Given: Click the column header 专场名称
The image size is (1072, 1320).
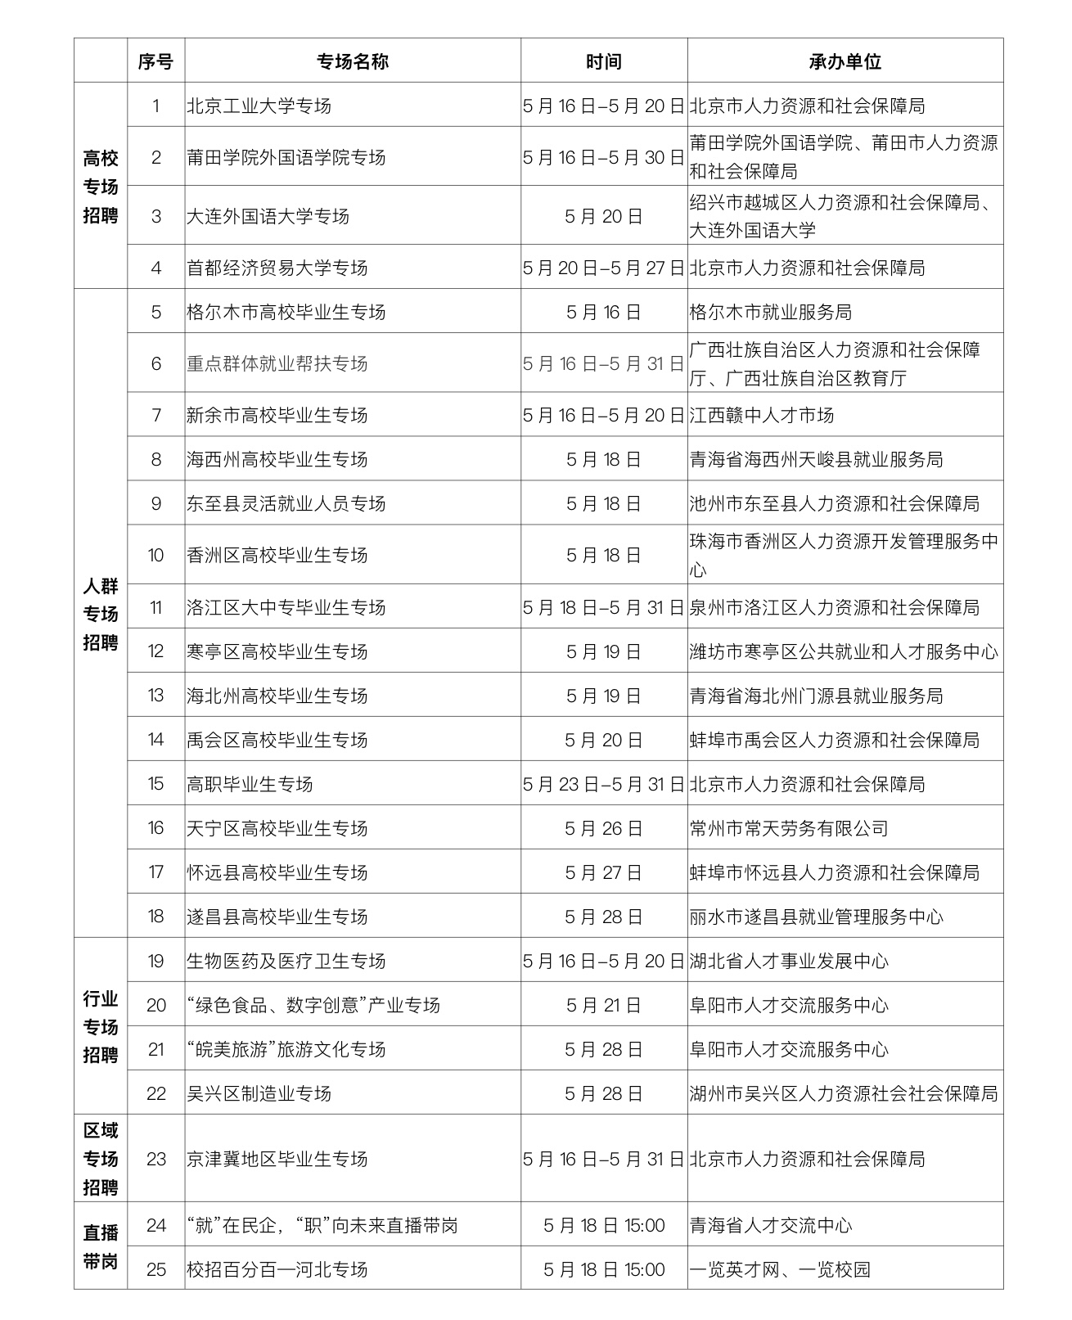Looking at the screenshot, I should point(353,61).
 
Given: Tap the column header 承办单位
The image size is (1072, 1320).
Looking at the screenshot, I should point(845,61).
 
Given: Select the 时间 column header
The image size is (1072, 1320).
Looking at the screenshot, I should point(604,61).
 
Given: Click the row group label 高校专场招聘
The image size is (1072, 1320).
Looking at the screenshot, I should point(101,187).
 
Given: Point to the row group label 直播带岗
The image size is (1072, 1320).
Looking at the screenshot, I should point(101,1246).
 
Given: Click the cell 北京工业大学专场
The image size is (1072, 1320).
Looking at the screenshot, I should point(259,106).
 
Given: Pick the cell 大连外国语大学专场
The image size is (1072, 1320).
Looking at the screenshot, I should point(268,216).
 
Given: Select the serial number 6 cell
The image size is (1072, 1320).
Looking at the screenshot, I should point(156,363).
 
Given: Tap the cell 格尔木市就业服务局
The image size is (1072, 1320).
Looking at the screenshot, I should point(771,312).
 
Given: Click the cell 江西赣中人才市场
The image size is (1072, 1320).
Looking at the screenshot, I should point(762,415).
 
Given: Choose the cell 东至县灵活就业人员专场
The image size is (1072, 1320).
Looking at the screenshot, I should point(286,503).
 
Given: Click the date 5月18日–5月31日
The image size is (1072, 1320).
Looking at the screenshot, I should point(604,607).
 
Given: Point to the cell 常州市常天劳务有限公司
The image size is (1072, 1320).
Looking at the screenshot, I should point(789,828).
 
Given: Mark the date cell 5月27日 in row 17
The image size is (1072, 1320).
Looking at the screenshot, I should point(604,872).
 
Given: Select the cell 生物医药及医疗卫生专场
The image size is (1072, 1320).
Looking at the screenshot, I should point(286,961).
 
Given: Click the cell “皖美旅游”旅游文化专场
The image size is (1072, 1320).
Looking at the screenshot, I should point(286,1049).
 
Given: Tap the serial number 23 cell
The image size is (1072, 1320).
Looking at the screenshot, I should point(156,1159).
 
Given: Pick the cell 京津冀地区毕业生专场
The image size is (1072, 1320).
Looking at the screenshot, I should point(277,1159).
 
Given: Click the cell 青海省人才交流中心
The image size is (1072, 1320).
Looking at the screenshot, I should point(771,1225).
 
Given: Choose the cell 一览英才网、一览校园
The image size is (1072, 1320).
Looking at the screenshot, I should point(780,1269).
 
